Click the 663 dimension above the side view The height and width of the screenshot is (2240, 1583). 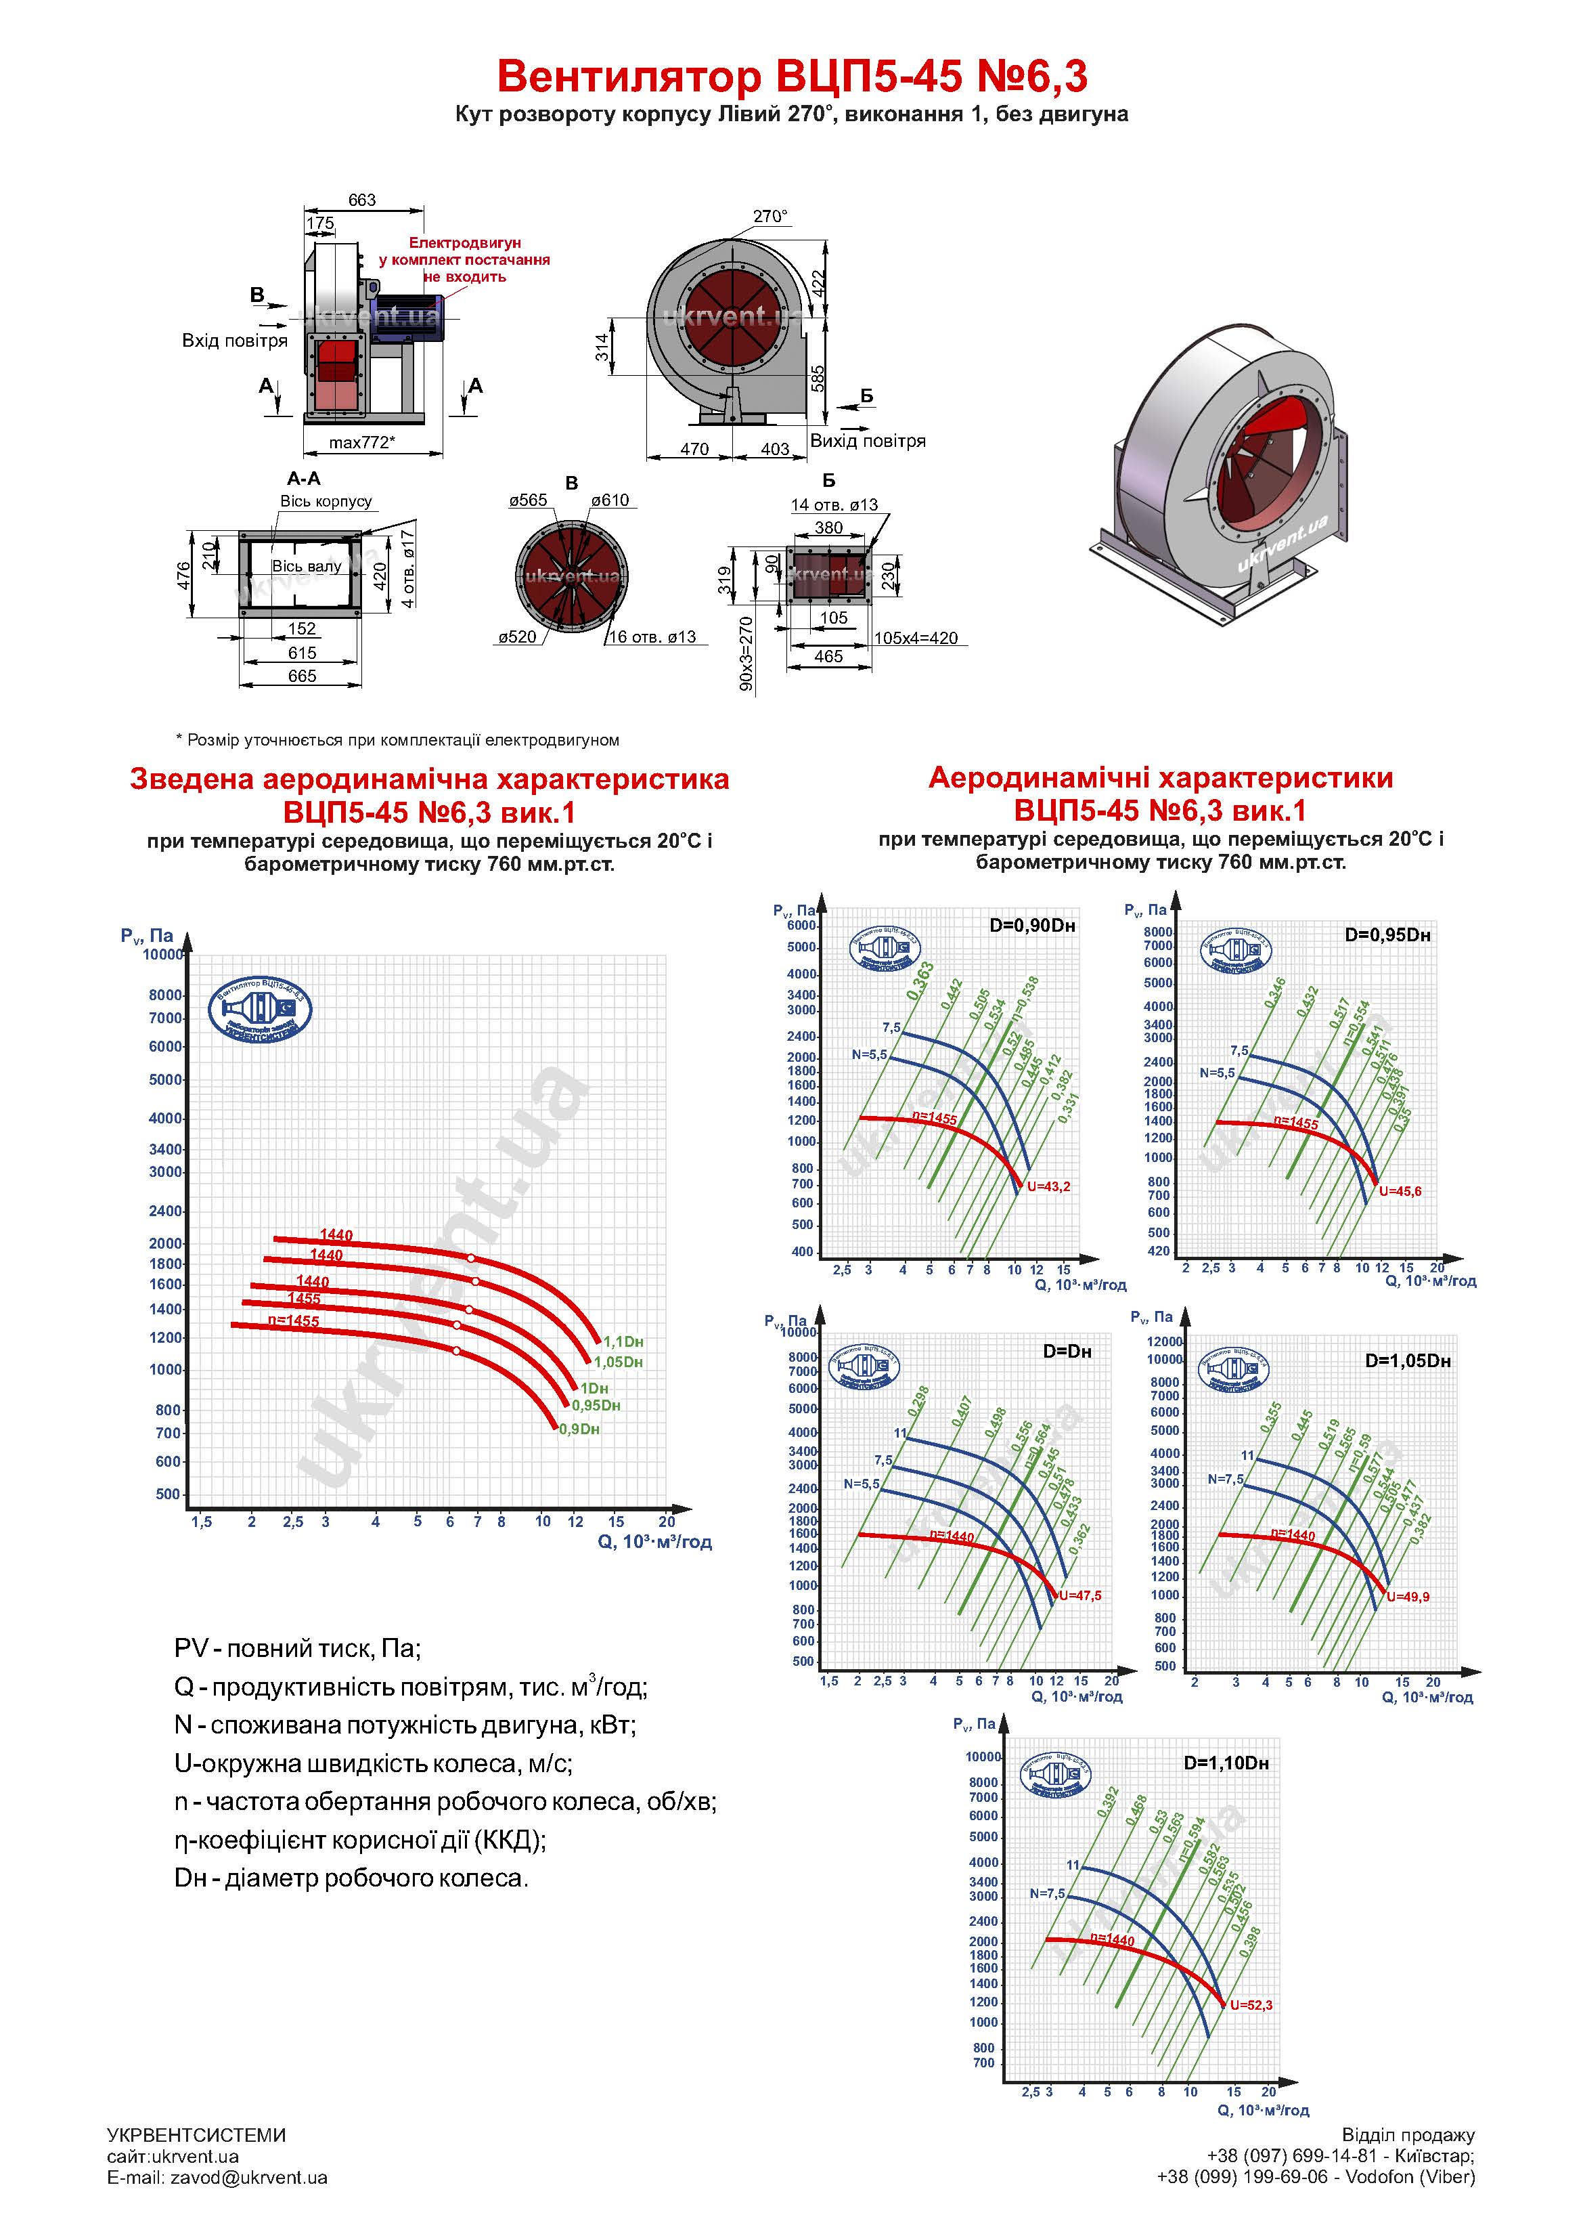click(x=362, y=200)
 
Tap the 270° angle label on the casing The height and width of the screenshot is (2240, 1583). click(x=770, y=217)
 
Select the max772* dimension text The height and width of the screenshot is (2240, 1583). click(x=362, y=443)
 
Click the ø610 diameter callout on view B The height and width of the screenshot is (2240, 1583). click(x=610, y=500)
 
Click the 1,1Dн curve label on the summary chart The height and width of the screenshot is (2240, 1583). click(x=623, y=1341)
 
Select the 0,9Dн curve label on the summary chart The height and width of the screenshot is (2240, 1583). click(x=579, y=1429)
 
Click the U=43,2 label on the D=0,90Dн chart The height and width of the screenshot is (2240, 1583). click(x=1048, y=1186)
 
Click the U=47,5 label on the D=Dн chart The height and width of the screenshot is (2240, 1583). click(x=1079, y=1595)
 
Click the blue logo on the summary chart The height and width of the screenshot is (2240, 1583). click(x=261, y=1009)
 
